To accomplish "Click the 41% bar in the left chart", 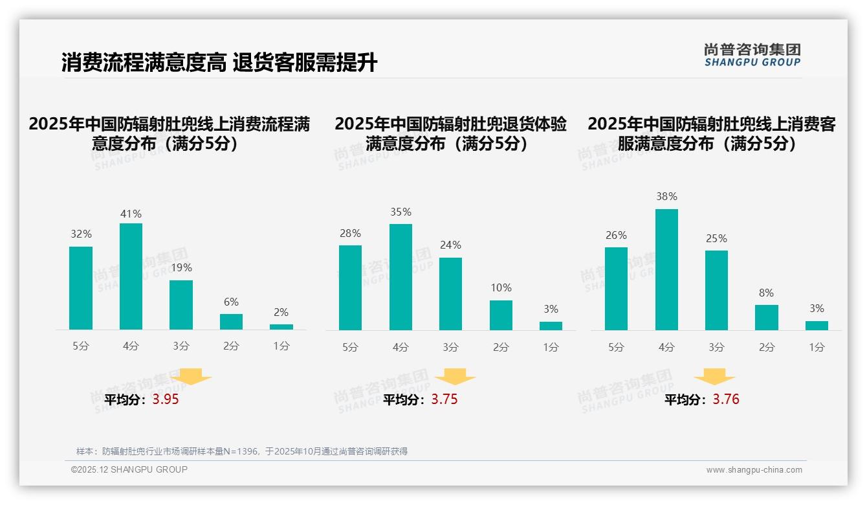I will (131, 276).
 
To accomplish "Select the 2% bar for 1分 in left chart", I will (281, 327).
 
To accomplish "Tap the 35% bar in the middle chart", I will (401, 277).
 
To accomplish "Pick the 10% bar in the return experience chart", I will (501, 315).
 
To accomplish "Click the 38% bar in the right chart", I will (666, 269).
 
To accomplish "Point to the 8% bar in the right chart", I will (766, 317).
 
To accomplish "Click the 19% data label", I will (181, 267).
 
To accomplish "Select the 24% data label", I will (450, 245).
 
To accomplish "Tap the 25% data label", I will (716, 238).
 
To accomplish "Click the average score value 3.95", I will (166, 399).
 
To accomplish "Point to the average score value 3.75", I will (444, 399).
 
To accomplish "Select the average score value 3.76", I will (726, 399).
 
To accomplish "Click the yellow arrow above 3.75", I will (455, 376).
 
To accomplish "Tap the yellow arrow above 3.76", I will (714, 376).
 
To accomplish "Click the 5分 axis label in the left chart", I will (81, 346).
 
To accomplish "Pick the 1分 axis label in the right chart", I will (817, 347).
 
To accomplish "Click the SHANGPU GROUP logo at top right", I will (752, 55).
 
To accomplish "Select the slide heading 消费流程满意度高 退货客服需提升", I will (219, 63).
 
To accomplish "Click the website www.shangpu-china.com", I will (754, 470).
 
